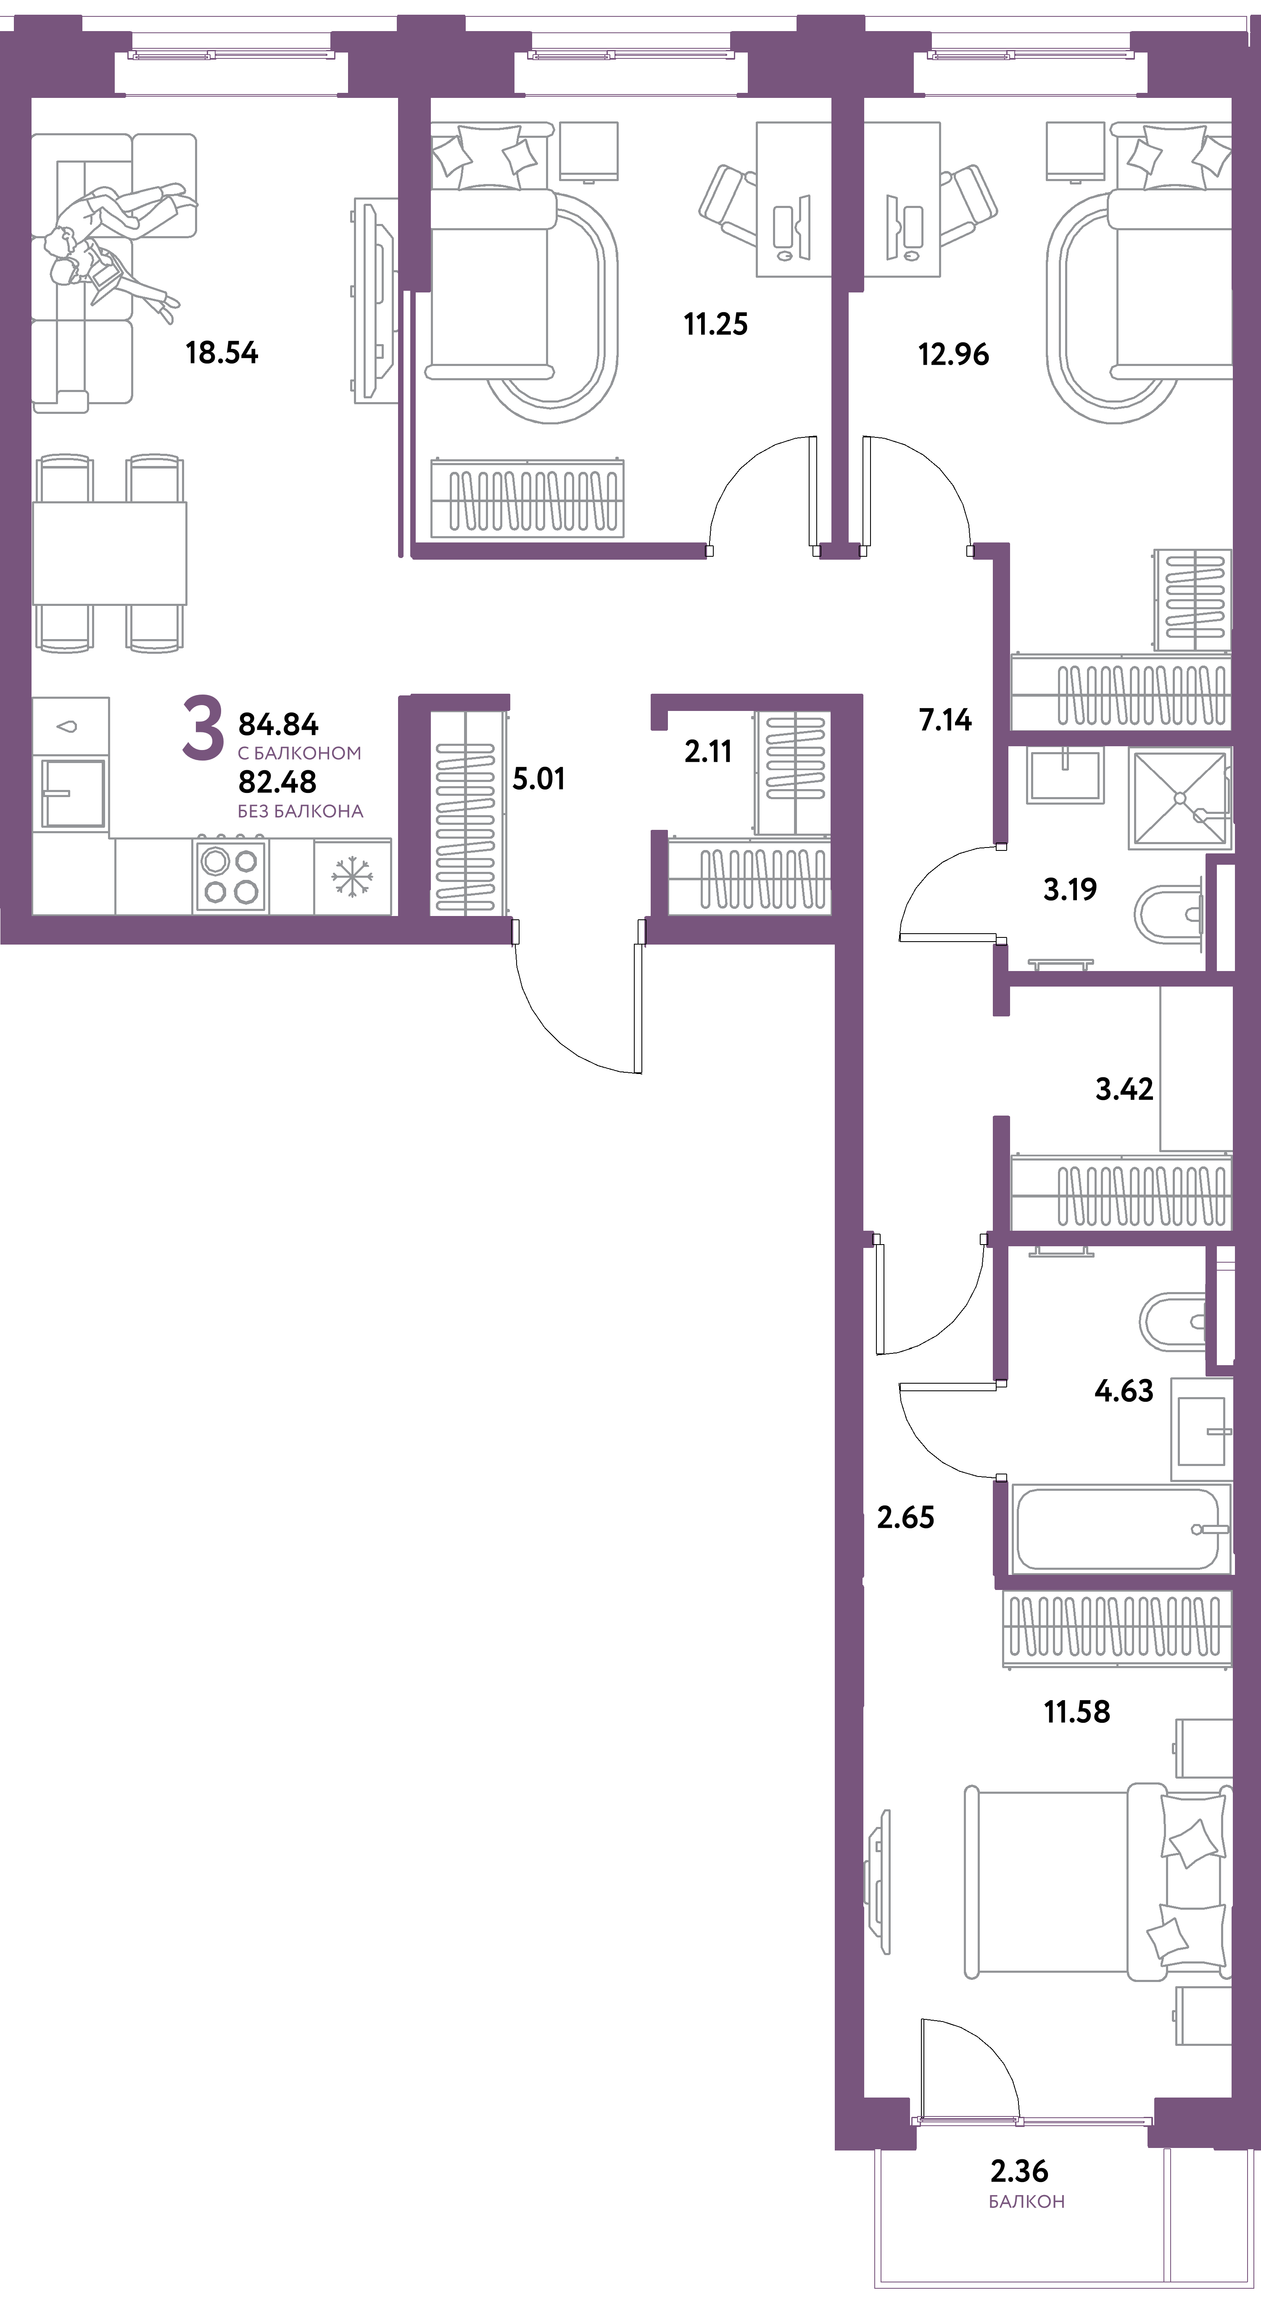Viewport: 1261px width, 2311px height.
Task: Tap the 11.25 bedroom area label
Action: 715,324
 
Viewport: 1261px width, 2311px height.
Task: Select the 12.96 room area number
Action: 953,354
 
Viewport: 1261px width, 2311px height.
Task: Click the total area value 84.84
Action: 278,723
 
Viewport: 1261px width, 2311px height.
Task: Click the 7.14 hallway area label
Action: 945,719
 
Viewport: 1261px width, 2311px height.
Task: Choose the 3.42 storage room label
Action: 1124,1089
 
